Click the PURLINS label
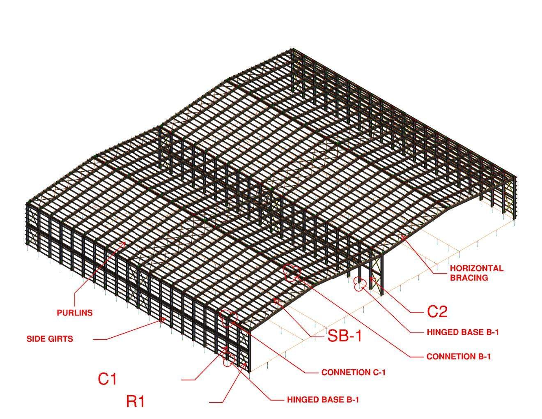click(75, 313)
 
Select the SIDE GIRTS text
click(50, 339)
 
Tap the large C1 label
click(107, 379)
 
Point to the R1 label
click(135, 401)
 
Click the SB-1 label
click(345, 336)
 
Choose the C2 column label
click(437, 312)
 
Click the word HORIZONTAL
click(476, 269)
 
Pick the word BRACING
click(469, 278)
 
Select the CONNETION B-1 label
click(458, 357)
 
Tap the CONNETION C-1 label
click(354, 373)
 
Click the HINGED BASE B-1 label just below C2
click(463, 332)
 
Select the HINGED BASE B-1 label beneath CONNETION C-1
click(323, 399)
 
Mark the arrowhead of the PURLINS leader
click(124, 242)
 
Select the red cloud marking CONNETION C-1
click(229, 318)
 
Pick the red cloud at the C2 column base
click(360, 283)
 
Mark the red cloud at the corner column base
click(228, 360)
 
